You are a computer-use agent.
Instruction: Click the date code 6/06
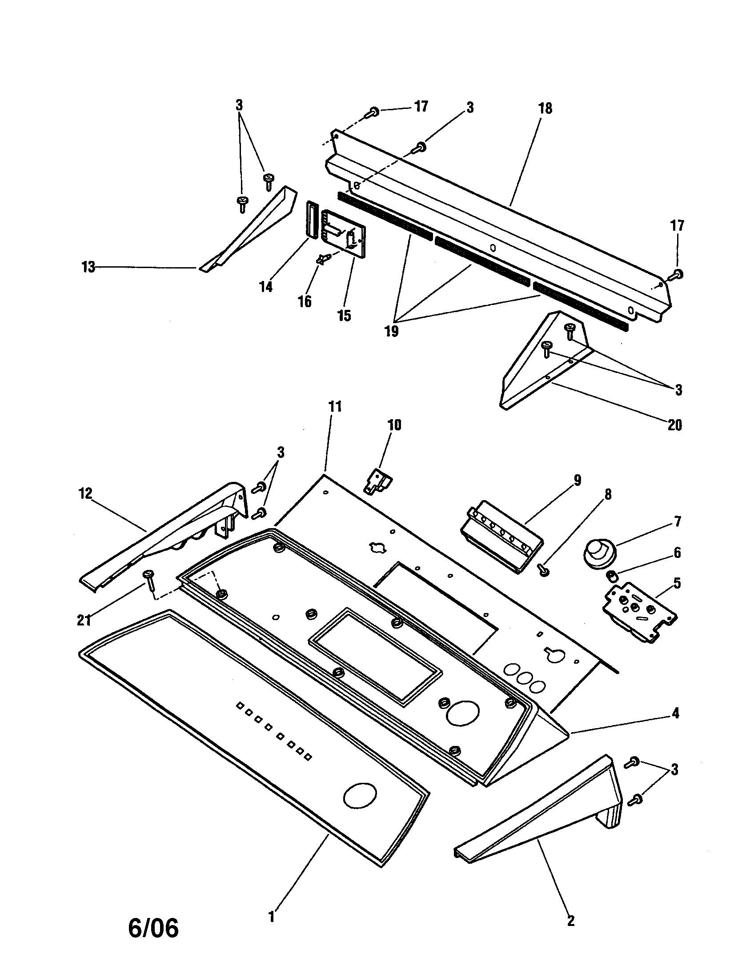click(153, 928)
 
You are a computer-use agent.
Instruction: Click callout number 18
click(545, 109)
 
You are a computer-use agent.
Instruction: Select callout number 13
click(88, 267)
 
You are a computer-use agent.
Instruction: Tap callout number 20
click(674, 425)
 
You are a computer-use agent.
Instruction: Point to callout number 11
click(335, 407)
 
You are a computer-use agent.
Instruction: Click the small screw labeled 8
click(543, 569)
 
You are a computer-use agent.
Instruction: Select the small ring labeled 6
click(610, 574)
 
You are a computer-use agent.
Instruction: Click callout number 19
click(391, 331)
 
